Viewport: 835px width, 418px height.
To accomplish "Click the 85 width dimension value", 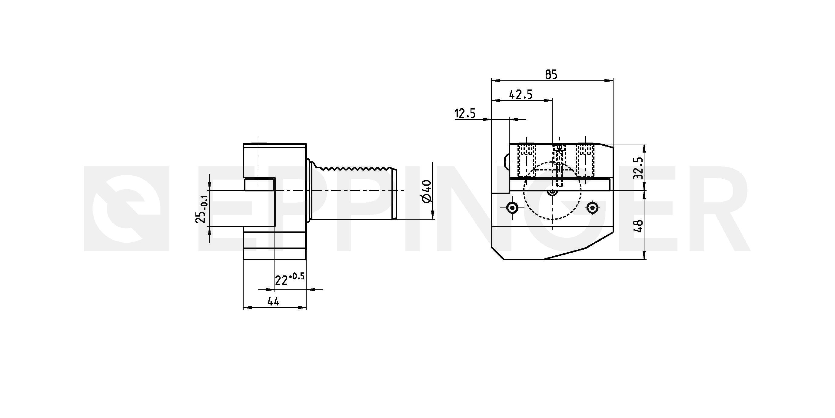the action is pos(551,75).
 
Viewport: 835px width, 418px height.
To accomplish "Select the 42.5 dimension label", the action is pos(521,94).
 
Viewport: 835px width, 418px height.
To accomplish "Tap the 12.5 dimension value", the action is pos(465,114).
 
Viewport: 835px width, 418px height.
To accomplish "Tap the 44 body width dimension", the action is pos(273,302).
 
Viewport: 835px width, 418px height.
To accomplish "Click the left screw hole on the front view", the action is pos(512,207).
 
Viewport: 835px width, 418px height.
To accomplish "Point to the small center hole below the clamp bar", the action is pos(552,192).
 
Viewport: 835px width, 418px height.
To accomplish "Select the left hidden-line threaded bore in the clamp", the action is pos(526,161).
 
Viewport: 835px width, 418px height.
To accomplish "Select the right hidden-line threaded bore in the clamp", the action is pos(585,161).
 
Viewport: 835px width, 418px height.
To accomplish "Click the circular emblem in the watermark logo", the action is pos(127,208).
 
